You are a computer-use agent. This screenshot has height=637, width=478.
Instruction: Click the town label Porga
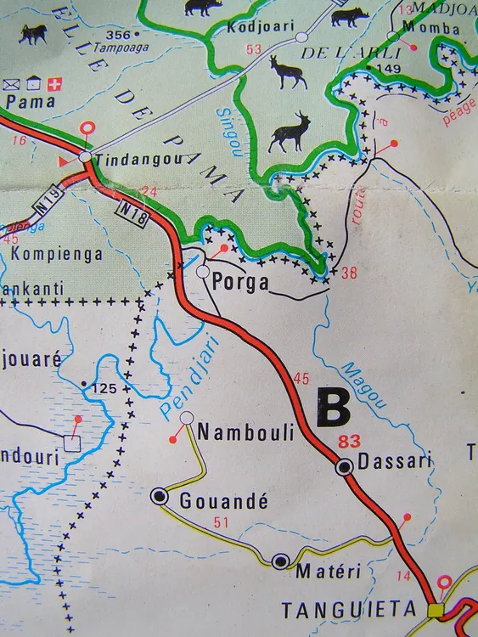point(245,283)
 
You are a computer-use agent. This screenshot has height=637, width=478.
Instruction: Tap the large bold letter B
point(332,408)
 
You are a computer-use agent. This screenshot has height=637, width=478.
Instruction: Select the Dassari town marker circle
point(345,466)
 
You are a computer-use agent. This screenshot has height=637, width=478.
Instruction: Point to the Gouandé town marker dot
point(160,497)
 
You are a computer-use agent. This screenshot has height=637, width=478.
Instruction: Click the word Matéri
point(328,572)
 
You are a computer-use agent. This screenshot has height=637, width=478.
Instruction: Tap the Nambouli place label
point(245,433)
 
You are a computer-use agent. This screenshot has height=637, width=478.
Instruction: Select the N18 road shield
point(131,209)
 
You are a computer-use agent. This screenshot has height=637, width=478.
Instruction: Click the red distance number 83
point(348,441)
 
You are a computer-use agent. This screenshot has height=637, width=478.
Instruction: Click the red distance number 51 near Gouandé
point(222,522)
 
